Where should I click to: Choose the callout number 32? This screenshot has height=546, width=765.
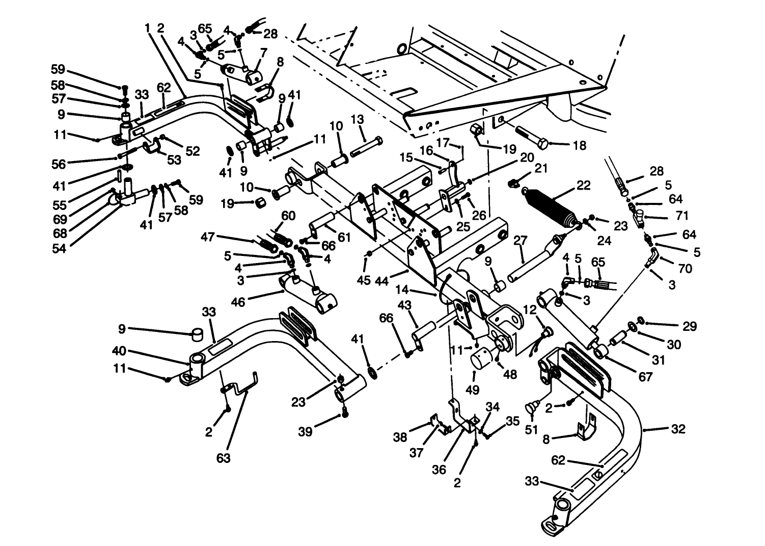click(x=678, y=429)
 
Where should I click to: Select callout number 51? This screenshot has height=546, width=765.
click(x=531, y=430)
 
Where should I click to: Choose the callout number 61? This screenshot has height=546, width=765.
click(x=344, y=237)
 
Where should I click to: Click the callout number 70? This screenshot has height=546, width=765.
click(x=686, y=268)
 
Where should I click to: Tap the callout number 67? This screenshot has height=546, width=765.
click(x=645, y=377)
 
